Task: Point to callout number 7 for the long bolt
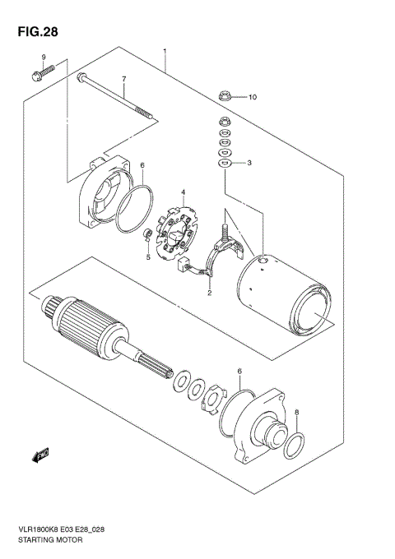[123, 79]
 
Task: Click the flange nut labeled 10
[224, 96]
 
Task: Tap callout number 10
[253, 97]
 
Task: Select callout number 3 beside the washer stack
[249, 163]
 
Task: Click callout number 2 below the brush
[209, 292]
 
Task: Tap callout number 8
[297, 414]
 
